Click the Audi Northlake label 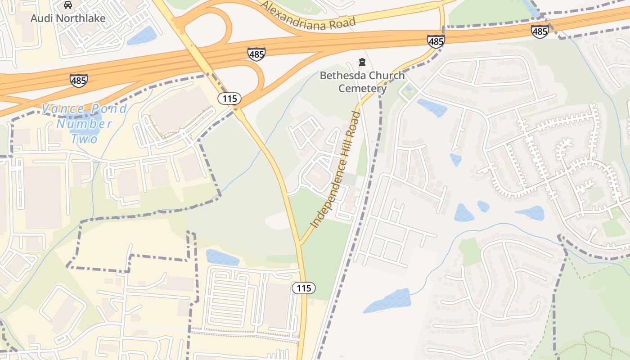[67, 18]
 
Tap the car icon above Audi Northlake [67, 5]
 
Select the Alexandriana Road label [308, 16]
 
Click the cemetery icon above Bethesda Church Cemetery [362, 62]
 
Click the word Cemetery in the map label [362, 88]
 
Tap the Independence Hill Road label [336, 170]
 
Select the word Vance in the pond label [63, 109]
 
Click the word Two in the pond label [84, 139]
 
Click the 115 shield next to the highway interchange [229, 98]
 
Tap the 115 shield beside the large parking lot [304, 288]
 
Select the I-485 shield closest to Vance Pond [78, 81]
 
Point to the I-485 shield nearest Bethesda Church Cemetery [436, 41]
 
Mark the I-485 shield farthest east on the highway [540, 31]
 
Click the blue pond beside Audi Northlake [141, 36]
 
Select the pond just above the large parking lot [222, 257]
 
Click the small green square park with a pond [408, 90]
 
